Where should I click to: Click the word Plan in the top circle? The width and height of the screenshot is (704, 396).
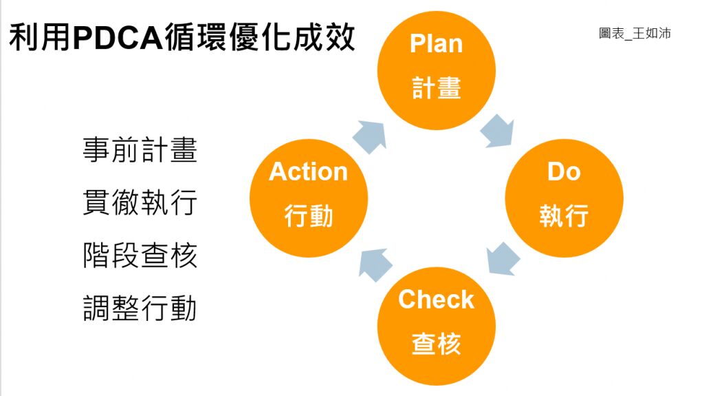tap(436, 43)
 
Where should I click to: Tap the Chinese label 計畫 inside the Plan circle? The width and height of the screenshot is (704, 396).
tap(436, 87)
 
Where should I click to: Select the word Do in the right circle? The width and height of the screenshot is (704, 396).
tap(564, 171)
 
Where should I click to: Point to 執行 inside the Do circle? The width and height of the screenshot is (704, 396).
tap(564, 216)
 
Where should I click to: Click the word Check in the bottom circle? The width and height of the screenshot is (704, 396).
tap(436, 300)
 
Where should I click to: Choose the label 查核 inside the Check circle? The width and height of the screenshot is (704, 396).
tap(436, 343)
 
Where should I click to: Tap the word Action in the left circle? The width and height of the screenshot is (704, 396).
tap(309, 171)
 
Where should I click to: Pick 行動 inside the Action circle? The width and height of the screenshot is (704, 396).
tap(309, 216)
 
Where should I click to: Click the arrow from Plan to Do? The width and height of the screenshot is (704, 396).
tap(496, 131)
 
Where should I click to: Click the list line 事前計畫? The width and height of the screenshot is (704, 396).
tap(140, 150)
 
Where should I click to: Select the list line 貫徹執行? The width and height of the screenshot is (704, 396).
tap(140, 202)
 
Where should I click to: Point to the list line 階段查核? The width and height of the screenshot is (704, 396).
tap(140, 256)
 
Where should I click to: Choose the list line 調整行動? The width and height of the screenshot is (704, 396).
tap(140, 308)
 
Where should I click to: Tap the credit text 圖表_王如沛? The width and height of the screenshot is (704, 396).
tap(634, 33)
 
